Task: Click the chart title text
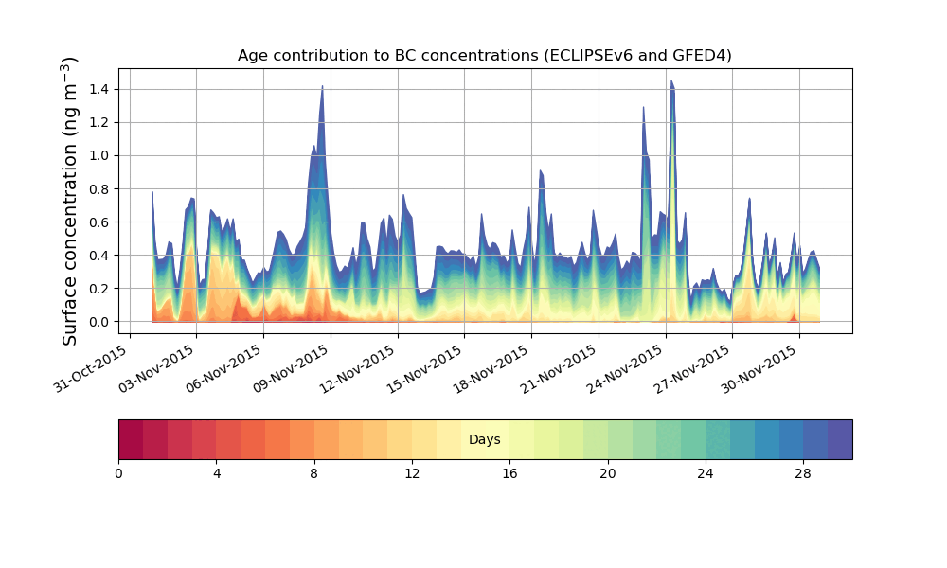click(484, 56)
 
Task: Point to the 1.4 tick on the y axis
click(99, 89)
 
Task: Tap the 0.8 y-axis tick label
click(99, 188)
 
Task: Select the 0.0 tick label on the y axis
click(99, 322)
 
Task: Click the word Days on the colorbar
click(484, 440)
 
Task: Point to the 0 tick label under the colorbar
click(118, 472)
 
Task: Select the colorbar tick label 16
click(509, 472)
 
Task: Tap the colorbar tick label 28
click(803, 472)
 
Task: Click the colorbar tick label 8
click(314, 472)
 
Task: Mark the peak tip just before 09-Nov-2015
click(322, 87)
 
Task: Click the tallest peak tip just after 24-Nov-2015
click(671, 81)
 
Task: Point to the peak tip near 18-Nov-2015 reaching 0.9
click(540, 171)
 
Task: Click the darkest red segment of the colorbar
click(131, 439)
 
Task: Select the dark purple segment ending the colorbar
click(840, 439)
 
